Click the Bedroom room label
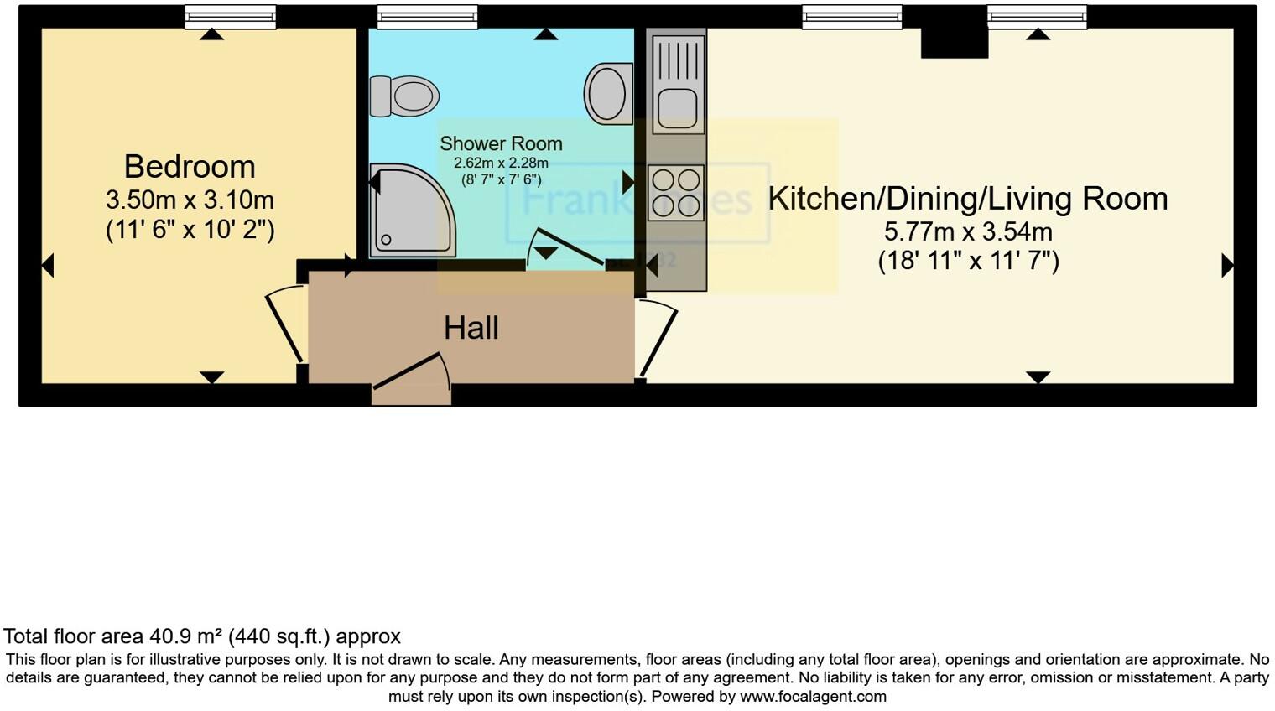190,167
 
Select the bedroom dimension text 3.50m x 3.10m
190,200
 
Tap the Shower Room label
501,143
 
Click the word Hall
471,328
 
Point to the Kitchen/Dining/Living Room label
967,199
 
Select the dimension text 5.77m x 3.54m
968,231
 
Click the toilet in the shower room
405,96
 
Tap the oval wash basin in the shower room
607,94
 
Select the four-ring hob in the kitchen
676,193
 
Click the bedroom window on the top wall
230,17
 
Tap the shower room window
427,17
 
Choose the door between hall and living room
657,340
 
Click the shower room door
567,248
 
